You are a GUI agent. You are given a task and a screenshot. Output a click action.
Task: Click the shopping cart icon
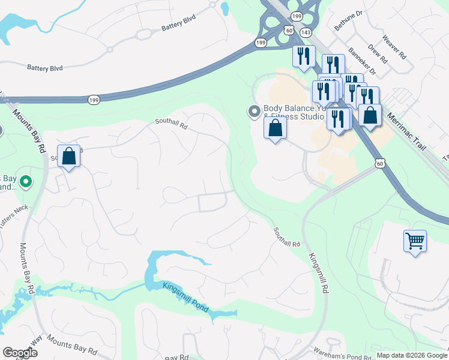[x=415, y=241]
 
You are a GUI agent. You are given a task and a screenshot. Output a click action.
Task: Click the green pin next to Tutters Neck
[x=26, y=181]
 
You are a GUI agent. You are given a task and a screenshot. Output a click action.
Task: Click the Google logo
[x=20, y=353]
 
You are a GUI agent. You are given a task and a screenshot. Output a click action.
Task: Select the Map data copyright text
[x=411, y=355]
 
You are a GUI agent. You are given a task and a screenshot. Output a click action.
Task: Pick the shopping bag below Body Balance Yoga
[x=275, y=128]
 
